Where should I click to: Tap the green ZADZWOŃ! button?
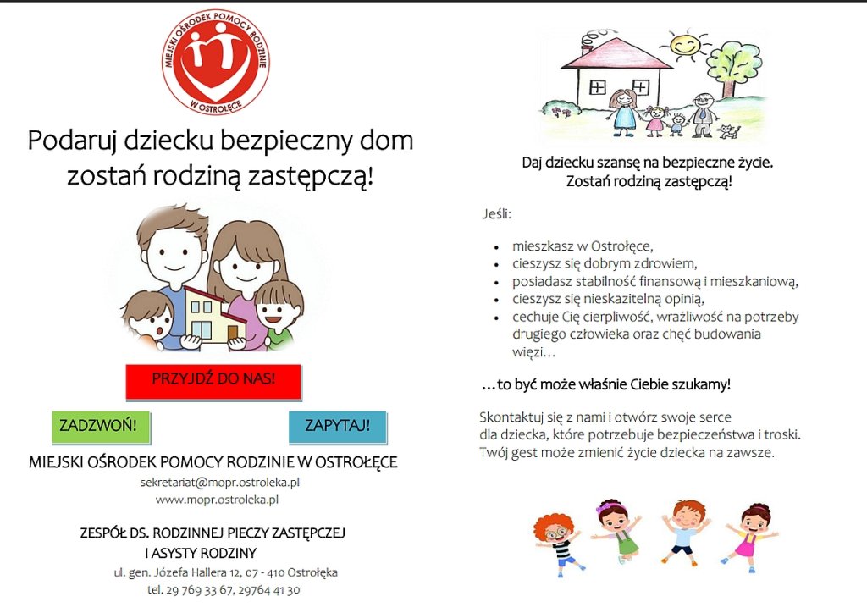[101, 425]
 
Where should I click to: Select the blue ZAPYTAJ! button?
[337, 425]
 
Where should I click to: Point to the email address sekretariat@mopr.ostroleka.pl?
[220, 482]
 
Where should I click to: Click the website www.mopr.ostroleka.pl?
[217, 500]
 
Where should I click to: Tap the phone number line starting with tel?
[223, 589]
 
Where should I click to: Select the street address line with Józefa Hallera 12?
[225, 572]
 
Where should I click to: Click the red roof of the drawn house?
[616, 56]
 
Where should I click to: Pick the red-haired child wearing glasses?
[555, 542]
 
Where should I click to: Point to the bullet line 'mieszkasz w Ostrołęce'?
[583, 246]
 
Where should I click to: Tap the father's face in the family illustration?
[173, 251]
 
